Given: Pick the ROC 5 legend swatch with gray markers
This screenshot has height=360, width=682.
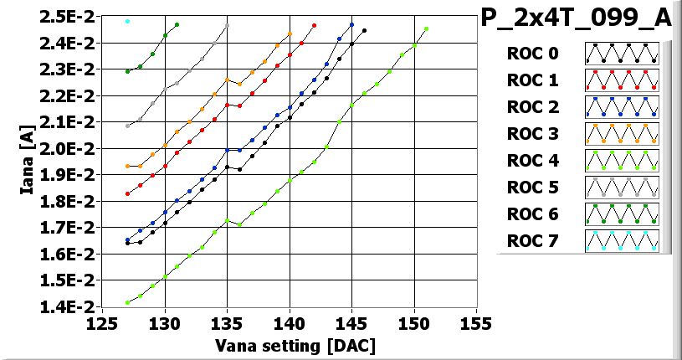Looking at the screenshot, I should pos(622,188).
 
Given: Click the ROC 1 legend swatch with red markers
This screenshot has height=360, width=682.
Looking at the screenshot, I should pos(622,81).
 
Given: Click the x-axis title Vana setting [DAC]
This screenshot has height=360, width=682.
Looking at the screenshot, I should pos(295,344).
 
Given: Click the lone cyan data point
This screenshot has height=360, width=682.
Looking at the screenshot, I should pos(127,21).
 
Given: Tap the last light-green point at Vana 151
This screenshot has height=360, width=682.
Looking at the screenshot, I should pos(426,28).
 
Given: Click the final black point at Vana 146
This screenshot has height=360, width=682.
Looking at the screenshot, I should pos(364,30).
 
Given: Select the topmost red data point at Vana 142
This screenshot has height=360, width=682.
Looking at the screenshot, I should pos(314,25).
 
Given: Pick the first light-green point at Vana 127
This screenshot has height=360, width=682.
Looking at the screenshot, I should pos(127,302).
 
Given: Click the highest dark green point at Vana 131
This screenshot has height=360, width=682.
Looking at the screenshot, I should pos(177,24).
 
